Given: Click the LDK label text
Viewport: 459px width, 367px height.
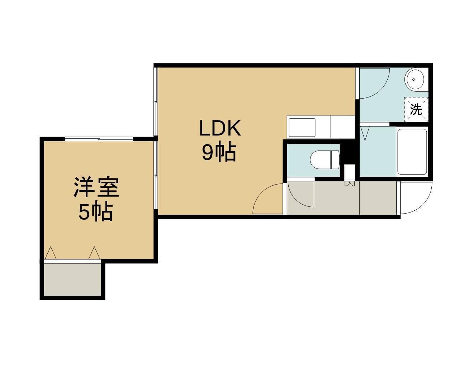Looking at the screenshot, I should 220,129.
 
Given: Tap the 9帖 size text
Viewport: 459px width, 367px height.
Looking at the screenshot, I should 219,153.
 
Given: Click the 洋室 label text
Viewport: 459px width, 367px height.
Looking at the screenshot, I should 96,187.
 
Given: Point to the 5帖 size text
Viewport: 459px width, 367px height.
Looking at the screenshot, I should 96,212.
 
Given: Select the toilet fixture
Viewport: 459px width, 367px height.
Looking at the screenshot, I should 324,159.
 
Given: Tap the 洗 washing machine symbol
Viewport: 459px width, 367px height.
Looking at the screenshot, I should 416,109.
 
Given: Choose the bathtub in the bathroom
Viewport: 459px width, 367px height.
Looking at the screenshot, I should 412,151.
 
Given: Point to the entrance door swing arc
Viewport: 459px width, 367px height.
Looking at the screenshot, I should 416,199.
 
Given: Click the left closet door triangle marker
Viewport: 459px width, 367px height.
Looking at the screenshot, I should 51,253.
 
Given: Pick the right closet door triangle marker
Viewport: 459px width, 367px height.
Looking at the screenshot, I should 94,253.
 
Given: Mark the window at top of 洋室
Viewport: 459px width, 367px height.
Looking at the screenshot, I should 99,139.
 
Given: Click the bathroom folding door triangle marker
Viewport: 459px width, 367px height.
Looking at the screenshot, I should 365,133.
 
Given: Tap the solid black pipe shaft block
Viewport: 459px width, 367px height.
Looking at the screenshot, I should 347,152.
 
